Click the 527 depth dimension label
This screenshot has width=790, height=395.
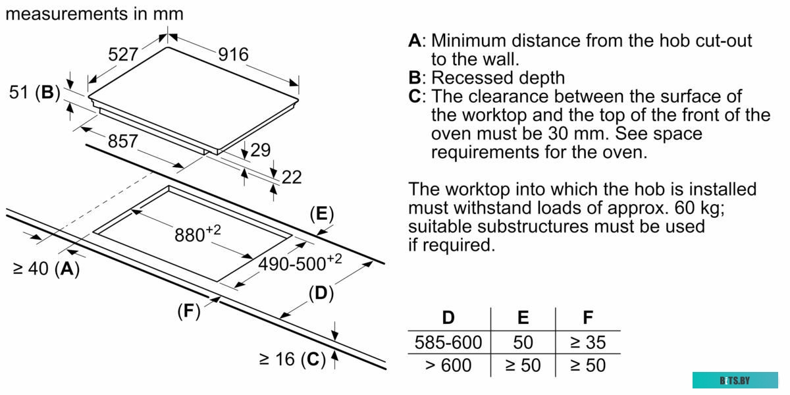pyautogui.click(x=123, y=55)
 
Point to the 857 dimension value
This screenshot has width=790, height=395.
pyautogui.click(x=123, y=141)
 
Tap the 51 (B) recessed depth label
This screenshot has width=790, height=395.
pyautogui.click(x=34, y=93)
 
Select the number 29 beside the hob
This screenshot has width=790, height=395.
pyautogui.click(x=260, y=150)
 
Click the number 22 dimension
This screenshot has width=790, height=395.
pyautogui.click(x=292, y=176)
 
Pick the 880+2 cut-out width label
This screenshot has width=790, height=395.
pyautogui.click(x=197, y=233)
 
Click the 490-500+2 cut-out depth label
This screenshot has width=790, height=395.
pyautogui.click(x=300, y=263)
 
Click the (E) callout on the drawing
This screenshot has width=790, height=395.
pyautogui.click(x=321, y=214)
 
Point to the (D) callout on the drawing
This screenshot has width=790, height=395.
pyautogui.click(x=321, y=292)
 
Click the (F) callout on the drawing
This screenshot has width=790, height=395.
pyautogui.click(x=188, y=311)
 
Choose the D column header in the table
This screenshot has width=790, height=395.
pyautogui.click(x=448, y=318)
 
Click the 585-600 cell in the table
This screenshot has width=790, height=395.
pyautogui.click(x=448, y=342)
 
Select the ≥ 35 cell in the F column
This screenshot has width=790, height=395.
pyautogui.click(x=587, y=342)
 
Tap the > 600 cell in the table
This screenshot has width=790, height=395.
pyautogui.click(x=448, y=365)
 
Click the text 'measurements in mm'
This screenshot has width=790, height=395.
pyautogui.click(x=94, y=13)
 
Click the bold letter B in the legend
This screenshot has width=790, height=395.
pyautogui.click(x=415, y=78)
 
